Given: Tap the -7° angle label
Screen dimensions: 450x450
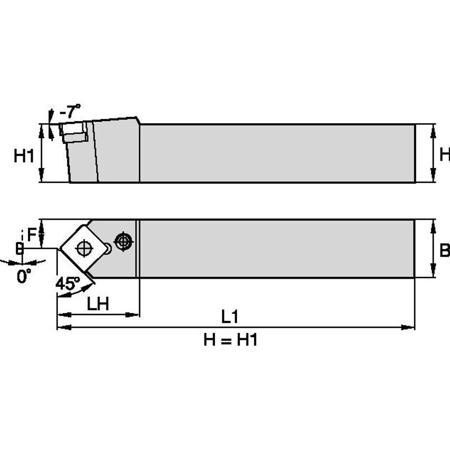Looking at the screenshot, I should coord(70,111).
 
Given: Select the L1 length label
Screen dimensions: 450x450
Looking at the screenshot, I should coord(230,317).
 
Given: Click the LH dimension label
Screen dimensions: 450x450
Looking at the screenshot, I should coord(98,304).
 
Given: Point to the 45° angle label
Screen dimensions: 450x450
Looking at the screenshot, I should coord(67,283).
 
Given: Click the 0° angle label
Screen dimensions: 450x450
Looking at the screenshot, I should coord(24,276).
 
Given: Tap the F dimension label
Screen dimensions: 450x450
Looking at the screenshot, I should coord(33,235).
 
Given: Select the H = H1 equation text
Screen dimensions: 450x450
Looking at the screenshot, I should coord(230,340).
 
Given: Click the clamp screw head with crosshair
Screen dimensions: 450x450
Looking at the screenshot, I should coord(123,241).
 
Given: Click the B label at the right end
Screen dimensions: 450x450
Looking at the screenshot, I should coord(444,250).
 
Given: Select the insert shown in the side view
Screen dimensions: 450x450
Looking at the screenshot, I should coord(74,131).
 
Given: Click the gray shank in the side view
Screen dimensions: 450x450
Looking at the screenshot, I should coord(277,153).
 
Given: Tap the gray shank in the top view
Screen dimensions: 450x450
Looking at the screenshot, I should coord(277,248).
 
